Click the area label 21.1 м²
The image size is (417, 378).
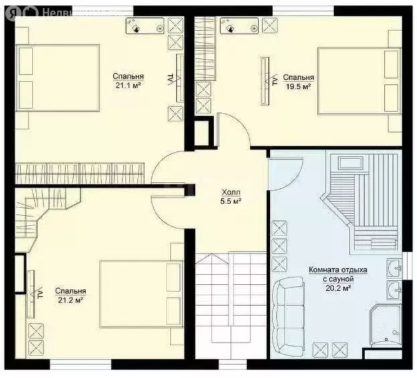(x=128, y=85)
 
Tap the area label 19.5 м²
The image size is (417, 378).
(x=298, y=86)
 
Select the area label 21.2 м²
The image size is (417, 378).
(x=70, y=300)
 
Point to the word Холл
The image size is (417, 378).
(x=231, y=192)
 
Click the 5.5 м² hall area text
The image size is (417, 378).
(x=231, y=201)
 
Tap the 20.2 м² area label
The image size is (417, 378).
(x=338, y=288)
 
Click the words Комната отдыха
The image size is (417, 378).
(x=338, y=270)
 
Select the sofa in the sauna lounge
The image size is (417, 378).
(x=288, y=316)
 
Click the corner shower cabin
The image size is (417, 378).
(x=386, y=326)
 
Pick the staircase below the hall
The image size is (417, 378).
(x=231, y=298)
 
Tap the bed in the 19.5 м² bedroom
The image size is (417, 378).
(x=359, y=81)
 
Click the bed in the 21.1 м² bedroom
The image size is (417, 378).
(x=58, y=78)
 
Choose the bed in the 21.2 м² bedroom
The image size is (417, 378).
(x=141, y=294)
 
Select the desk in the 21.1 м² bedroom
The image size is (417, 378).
(x=145, y=25)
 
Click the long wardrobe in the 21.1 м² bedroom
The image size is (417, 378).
(x=80, y=173)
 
